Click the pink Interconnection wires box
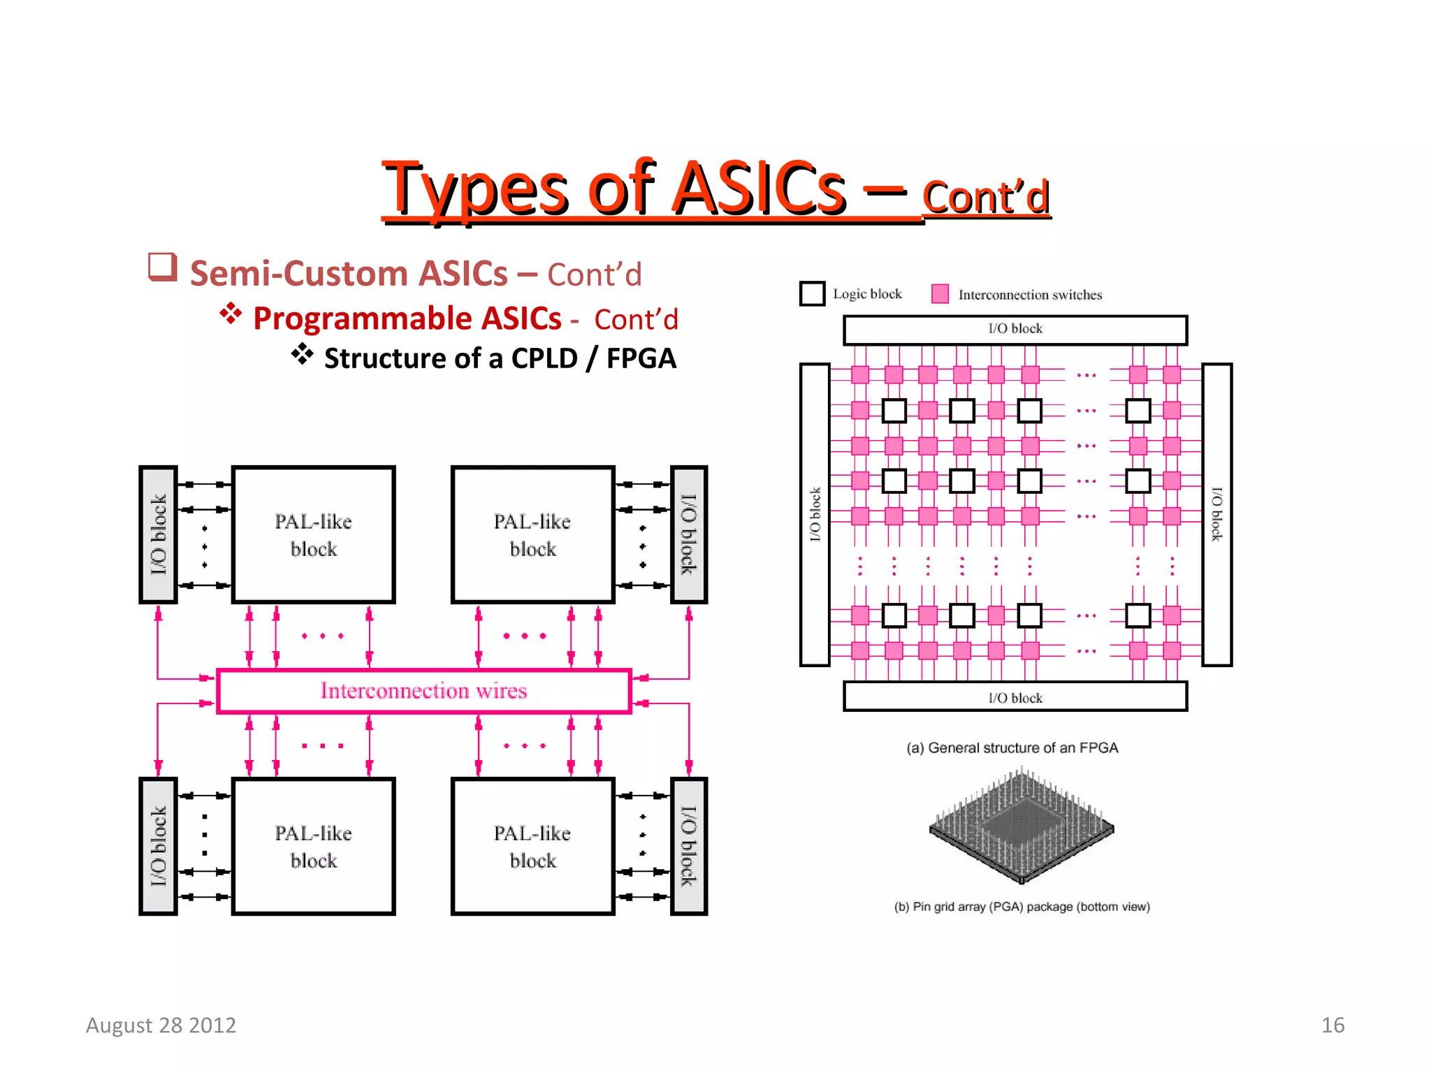423,691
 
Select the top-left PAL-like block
313,535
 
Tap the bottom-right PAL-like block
532,846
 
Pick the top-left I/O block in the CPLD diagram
158,535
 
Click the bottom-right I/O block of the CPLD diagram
689,846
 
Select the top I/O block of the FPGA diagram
1015,330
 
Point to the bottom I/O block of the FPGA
1015,697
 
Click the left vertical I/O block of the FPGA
815,515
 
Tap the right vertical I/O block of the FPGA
1216,515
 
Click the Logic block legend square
812,293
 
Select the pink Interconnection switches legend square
940,294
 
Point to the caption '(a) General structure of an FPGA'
1012,748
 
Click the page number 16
1332,1025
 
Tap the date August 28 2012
161,1025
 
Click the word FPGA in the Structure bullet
641,358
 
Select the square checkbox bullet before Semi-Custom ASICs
162,267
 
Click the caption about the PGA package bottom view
1022,907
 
